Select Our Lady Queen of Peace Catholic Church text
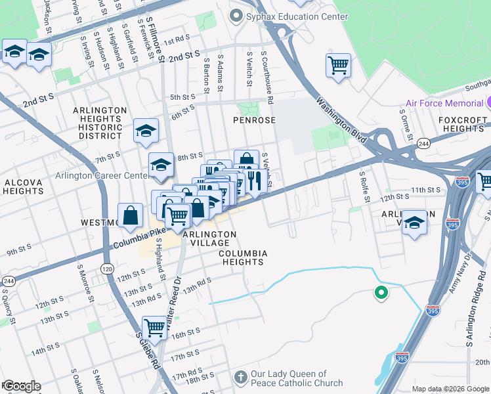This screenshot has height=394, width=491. pos(297,378)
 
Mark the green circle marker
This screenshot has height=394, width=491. pos(380,293)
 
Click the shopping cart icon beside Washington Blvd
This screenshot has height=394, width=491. pos(338,65)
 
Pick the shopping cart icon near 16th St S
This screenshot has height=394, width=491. pos(154,326)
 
